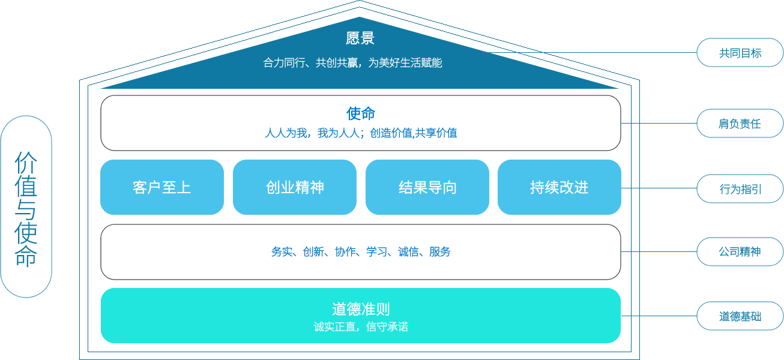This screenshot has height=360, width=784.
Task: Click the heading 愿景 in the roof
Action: (360, 38)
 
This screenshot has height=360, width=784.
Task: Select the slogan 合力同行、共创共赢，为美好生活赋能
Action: (352, 62)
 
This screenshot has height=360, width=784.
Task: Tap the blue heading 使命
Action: (360, 113)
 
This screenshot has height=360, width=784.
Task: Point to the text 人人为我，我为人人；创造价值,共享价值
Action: (361, 133)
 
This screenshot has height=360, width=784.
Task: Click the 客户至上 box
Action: (161, 187)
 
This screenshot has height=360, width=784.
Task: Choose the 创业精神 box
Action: (294, 187)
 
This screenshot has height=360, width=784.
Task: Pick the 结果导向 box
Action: (427, 187)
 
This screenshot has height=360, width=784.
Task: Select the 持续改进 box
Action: (559, 187)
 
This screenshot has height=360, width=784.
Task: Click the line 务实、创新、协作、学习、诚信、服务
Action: (360, 252)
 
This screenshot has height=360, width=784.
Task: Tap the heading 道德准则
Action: (360, 309)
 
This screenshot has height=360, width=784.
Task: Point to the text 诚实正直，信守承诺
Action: (360, 327)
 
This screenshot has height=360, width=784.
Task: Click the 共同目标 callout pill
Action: (740, 53)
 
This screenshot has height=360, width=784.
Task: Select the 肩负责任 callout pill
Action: (740, 124)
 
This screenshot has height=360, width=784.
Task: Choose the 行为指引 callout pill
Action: (740, 189)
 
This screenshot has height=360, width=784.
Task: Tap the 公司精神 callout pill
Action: (740, 251)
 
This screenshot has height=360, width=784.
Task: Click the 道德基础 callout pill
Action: (740, 316)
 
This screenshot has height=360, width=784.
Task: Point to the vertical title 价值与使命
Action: (26, 207)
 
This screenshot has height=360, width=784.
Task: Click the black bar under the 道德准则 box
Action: (360, 344)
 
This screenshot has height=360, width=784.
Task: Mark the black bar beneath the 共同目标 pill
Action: (740, 70)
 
